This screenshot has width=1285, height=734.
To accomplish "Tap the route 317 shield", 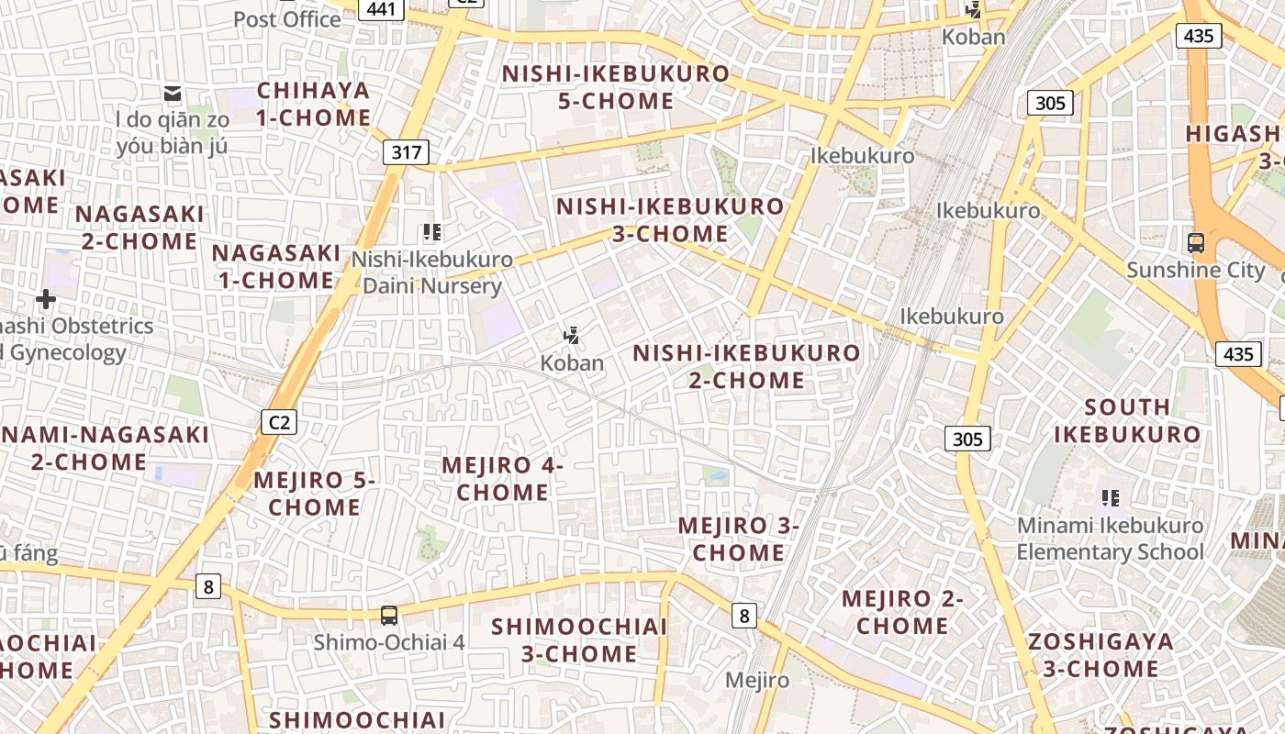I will click(x=406, y=152).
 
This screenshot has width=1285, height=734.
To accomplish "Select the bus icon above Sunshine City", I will click(x=1196, y=243).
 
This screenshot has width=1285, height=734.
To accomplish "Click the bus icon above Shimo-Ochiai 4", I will click(x=389, y=615).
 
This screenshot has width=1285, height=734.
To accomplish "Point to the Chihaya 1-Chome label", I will click(x=313, y=104).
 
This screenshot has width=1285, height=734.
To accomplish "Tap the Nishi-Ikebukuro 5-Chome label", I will click(x=616, y=87).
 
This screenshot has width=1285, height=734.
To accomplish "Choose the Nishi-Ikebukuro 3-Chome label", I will click(x=670, y=220).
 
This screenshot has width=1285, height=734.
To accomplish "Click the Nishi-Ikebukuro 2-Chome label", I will click(x=746, y=366).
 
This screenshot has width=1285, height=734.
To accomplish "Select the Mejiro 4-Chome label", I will click(x=502, y=478).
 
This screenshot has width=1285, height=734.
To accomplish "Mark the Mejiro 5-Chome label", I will click(x=314, y=493).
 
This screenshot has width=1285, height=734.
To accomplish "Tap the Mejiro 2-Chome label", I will click(x=902, y=612).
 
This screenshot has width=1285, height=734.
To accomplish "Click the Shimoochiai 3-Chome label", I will click(x=579, y=639).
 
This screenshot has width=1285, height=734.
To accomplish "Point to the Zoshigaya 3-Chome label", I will click(x=1101, y=654).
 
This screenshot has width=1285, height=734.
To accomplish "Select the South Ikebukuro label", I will click(x=1127, y=420).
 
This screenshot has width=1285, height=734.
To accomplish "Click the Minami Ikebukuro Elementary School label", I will click(x=1110, y=539).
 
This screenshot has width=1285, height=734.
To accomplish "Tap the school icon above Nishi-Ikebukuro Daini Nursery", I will click(x=431, y=232).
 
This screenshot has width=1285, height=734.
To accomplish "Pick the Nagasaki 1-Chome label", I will click(x=274, y=266).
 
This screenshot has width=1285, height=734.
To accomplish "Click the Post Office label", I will click(x=287, y=19).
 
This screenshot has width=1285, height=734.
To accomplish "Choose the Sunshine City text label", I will click(x=1195, y=270).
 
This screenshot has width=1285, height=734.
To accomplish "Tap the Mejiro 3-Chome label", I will click(x=738, y=539).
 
